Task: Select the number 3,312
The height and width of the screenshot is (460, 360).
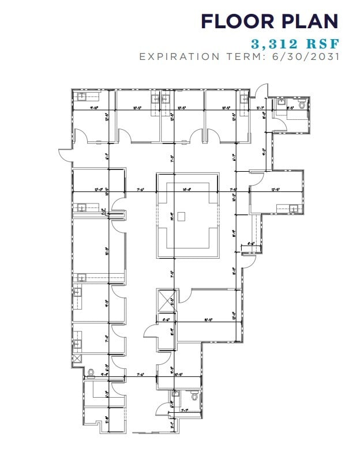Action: (x=272, y=43)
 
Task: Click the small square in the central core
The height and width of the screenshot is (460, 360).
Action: (x=181, y=216)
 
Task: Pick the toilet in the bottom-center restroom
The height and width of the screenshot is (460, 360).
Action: (x=194, y=396)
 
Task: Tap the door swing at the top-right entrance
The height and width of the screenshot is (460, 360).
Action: (x=262, y=91)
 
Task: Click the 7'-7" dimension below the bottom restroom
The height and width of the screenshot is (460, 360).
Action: (x=185, y=410)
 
